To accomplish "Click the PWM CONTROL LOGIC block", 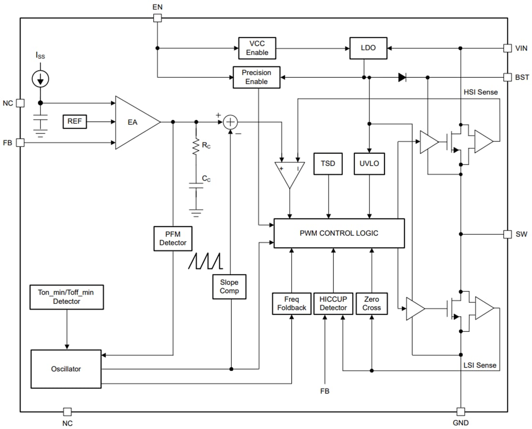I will (x=339, y=233).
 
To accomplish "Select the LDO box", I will (x=368, y=48).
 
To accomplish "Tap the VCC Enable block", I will (x=257, y=48).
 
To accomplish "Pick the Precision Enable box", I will (x=256, y=77).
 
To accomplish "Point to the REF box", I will (x=74, y=122).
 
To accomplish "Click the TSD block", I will (x=328, y=163).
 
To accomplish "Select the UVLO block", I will (x=369, y=163).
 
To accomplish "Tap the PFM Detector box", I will (x=173, y=239).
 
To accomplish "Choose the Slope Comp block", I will (x=229, y=286).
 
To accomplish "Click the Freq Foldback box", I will (x=292, y=303).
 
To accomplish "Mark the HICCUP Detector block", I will (x=333, y=303).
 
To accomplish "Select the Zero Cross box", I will (x=371, y=303).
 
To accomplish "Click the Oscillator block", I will (x=66, y=369).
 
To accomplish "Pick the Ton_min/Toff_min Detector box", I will (x=67, y=297).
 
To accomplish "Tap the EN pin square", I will (x=157, y=18).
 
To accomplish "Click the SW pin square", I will (x=507, y=234).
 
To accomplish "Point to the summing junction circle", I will (x=231, y=122).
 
